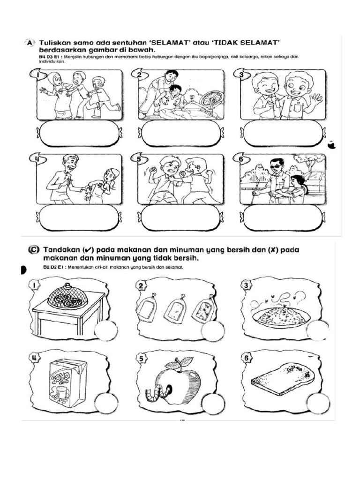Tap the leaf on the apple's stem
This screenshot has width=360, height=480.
click(x=187, y=361)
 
